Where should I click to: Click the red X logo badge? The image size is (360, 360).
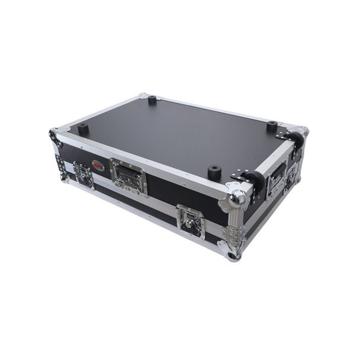coord(98,166)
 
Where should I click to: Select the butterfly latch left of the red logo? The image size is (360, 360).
coord(83,175)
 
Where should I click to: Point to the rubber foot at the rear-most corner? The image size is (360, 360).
coord(152,100)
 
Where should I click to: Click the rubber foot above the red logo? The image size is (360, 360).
coord(83,128)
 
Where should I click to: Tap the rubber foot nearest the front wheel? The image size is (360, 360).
coord(214,172)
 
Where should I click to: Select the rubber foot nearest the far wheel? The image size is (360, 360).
coord(272,126)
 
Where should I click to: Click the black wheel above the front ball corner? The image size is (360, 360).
coord(254,181)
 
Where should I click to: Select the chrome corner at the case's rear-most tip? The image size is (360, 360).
coord(144,95)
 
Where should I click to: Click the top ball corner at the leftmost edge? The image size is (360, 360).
coord(53,134)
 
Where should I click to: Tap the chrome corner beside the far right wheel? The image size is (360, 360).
coord(303,131)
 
